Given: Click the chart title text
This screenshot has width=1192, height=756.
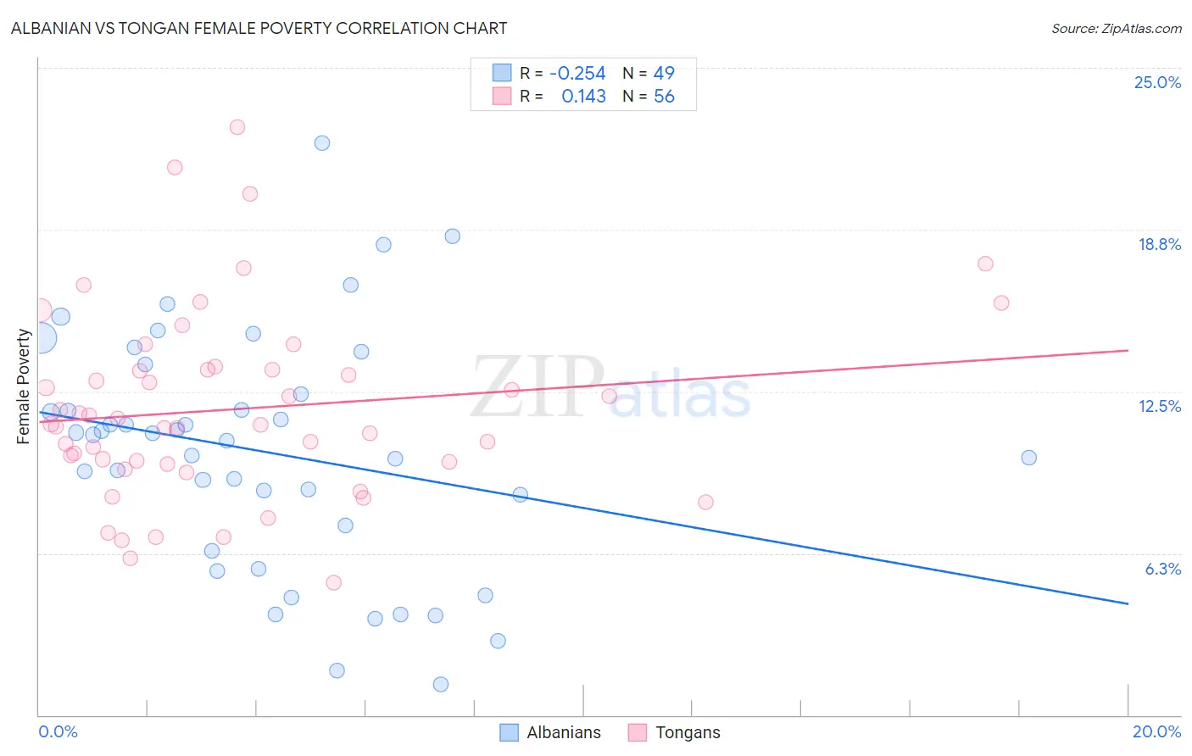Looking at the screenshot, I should tap(259, 28).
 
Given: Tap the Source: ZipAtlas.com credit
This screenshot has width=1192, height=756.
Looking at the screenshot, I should tap(1116, 28).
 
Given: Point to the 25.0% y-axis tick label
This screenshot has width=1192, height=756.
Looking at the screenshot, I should tap(1157, 82).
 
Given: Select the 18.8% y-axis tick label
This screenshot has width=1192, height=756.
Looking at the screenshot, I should tap(1159, 244).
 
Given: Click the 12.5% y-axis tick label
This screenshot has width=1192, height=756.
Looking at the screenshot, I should tap(1159, 406).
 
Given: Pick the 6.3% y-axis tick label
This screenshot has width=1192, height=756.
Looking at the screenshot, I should tap(1162, 569).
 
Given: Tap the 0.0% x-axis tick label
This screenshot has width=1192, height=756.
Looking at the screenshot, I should tap(58, 731).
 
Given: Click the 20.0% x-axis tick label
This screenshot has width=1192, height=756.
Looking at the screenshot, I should tap(1156, 731).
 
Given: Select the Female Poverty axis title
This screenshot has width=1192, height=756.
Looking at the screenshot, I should tap(23, 386).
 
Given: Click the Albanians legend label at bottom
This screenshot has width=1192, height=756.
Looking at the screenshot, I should tap(563, 732).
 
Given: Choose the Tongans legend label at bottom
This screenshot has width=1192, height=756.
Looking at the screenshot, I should tap(688, 732).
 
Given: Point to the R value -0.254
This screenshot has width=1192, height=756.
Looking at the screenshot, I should tap(577, 73).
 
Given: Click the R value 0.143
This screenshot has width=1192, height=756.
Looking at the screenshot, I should tap(583, 97).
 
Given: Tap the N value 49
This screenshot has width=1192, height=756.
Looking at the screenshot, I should tap(664, 73).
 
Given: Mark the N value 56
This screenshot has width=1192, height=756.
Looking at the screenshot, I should tap(664, 97).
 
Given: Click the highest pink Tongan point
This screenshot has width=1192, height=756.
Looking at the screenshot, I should tap(237, 127).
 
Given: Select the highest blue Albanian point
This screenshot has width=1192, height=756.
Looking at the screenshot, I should tap(322, 143).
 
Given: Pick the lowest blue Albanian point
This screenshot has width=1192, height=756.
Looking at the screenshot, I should tap(441, 684).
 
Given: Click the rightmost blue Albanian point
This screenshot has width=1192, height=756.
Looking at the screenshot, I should tap(1029, 458).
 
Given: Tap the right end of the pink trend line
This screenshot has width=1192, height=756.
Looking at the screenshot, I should tap(1128, 350).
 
